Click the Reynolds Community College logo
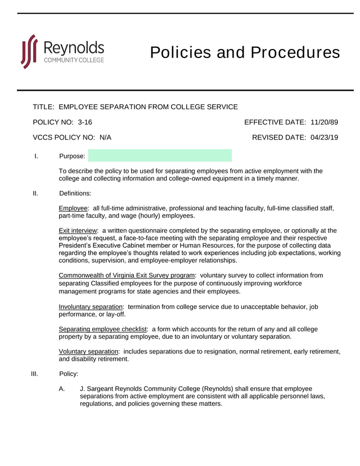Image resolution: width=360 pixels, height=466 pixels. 62,52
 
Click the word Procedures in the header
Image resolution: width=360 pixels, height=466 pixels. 295,52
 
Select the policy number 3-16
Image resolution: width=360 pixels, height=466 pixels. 85,122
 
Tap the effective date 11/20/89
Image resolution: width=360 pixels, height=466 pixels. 324,122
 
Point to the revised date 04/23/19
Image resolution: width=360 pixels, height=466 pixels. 324,137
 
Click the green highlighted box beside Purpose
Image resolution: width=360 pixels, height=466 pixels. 160,156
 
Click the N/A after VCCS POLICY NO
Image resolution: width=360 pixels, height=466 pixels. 106,137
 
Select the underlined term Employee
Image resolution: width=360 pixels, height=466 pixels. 73,208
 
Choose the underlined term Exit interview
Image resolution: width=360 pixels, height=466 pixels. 78,230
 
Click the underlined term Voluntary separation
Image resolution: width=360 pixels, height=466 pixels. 88,351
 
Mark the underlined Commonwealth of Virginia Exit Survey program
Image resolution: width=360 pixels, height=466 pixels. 127,275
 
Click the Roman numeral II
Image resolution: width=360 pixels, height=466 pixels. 35,194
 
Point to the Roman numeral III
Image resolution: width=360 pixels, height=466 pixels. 34,374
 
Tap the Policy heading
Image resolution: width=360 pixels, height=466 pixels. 69,374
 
